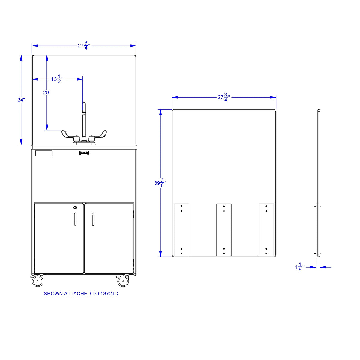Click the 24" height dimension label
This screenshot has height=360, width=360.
click(x=21, y=100)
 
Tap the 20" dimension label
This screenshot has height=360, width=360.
click(x=47, y=92)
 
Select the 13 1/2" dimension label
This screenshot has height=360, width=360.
click(x=58, y=79)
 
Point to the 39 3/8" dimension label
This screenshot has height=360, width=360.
click(x=160, y=183)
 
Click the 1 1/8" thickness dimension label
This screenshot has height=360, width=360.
click(x=300, y=267)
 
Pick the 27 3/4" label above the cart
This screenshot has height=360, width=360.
click(x=84, y=46)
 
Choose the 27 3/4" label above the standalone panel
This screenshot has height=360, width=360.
click(x=224, y=97)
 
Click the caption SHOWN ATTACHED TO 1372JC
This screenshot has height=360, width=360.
click(x=81, y=294)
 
